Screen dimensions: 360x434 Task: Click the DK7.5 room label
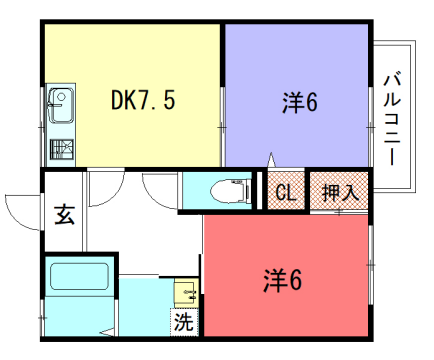143,100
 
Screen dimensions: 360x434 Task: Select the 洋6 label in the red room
283,279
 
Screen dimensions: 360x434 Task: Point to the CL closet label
283,192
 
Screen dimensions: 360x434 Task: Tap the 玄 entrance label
63,214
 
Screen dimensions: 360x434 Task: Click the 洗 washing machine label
183,322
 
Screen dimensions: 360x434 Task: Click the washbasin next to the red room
187,292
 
